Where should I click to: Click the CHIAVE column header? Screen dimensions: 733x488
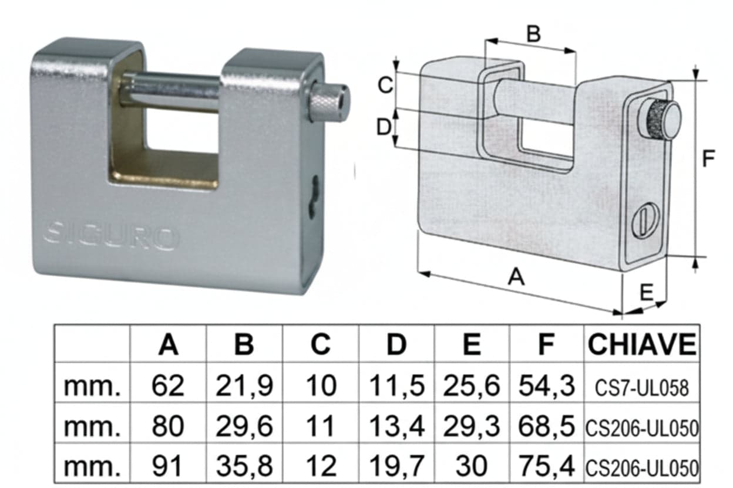coord(642,344)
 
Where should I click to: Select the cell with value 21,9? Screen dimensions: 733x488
coord(244,386)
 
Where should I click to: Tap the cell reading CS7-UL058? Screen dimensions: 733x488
coord(642,388)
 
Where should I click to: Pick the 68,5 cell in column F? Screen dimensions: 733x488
coord(546,426)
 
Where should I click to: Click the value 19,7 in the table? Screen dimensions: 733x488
coord(396,466)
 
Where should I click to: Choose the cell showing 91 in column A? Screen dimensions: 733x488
coord(167,466)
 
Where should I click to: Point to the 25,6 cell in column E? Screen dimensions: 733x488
coord(472,386)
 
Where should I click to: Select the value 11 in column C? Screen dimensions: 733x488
coord(320,426)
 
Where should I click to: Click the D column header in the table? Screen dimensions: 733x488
coord(396,344)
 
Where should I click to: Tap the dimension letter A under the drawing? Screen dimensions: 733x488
coord(516,277)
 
